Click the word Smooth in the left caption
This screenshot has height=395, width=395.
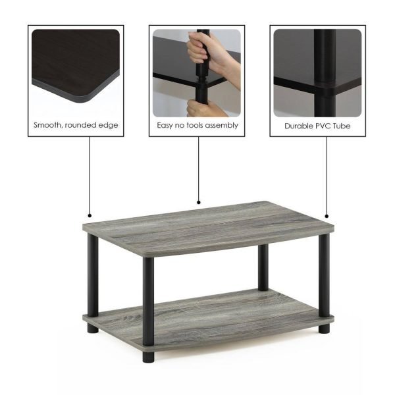(47, 125)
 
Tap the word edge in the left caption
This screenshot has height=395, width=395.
(108, 126)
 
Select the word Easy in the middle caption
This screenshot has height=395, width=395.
(165, 126)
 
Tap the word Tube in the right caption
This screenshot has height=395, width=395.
(342, 126)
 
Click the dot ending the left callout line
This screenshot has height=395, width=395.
(90, 216)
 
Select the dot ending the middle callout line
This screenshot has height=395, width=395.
(199, 202)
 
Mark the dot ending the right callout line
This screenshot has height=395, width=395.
(327, 216)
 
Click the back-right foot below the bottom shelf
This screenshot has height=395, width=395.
(324, 329)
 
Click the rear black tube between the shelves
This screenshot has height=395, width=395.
(263, 267)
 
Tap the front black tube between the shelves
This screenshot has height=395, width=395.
(148, 301)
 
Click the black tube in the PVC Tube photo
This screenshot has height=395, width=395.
(325, 73)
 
